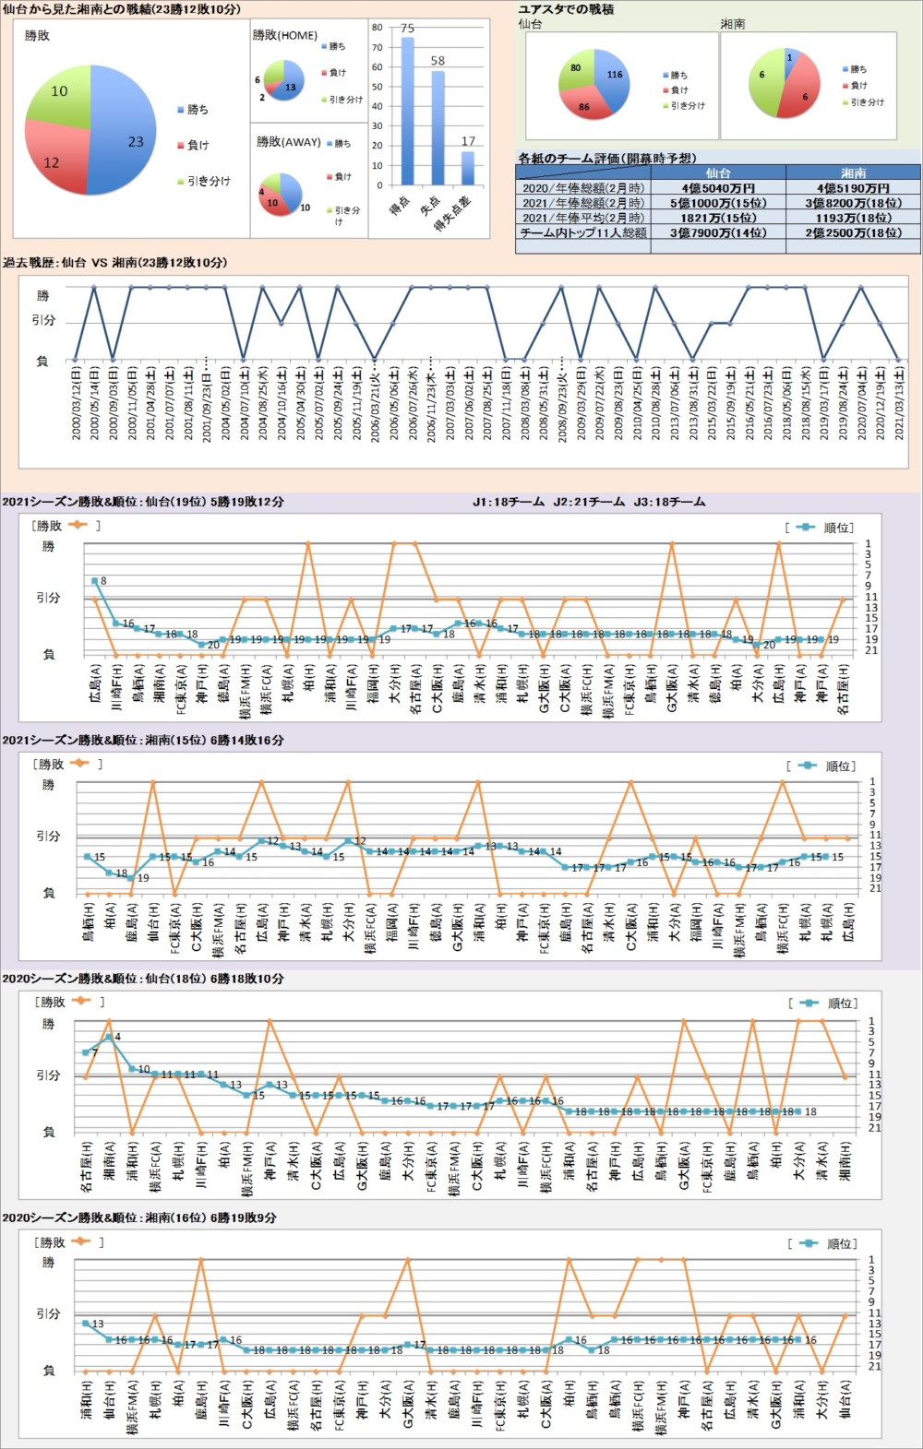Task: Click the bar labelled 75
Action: pyautogui.click(x=407, y=111)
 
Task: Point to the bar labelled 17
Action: pyautogui.click(x=468, y=168)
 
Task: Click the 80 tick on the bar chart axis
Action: pyautogui.click(x=378, y=28)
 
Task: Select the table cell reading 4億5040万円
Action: pyautogui.click(x=718, y=188)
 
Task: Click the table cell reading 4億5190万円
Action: pyautogui.click(x=853, y=188)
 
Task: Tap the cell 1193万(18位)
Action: pyautogui.click(x=853, y=219)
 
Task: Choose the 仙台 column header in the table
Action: pyautogui.click(x=718, y=173)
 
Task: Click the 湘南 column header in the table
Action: pyautogui.click(x=853, y=173)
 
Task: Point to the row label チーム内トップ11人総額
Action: pyautogui.click(x=582, y=233)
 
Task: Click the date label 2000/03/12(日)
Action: pyautogui.click(x=76, y=402)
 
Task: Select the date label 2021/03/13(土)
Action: pyautogui.click(x=898, y=402)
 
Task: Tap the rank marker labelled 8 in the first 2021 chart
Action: pyautogui.click(x=95, y=581)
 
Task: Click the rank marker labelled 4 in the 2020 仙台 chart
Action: pyautogui.click(x=109, y=1038)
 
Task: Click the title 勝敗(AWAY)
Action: pyautogui.click(x=288, y=142)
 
